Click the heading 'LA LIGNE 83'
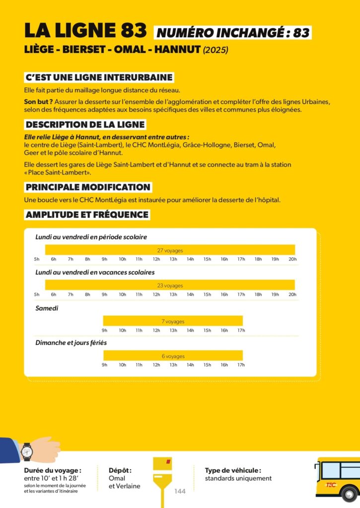[x=85, y=31]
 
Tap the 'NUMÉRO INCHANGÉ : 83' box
[x=232, y=33]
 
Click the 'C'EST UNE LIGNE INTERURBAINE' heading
[x=99, y=77]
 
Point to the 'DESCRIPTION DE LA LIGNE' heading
[x=85, y=125]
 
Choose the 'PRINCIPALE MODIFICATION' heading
[x=88, y=187]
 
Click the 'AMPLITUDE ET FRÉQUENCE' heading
[x=87, y=215]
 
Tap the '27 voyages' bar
[x=170, y=250]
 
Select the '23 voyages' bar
[x=170, y=285]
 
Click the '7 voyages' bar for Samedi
[x=173, y=321]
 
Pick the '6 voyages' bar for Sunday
[x=173, y=356]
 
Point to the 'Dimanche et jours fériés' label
[x=71, y=343]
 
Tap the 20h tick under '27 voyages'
[x=292, y=259]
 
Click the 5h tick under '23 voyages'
[x=37, y=295]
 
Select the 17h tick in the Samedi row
[x=241, y=330]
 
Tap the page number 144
[x=180, y=491]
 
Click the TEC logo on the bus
[x=331, y=485]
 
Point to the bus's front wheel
[x=350, y=494]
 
